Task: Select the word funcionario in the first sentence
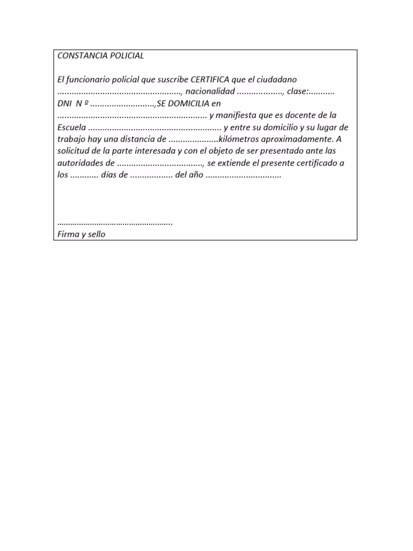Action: point(89,79)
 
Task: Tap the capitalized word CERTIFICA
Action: point(210,79)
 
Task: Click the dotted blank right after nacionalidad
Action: point(260,92)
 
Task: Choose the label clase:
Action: point(299,91)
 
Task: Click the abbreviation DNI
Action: point(64,103)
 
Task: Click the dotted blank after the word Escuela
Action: point(154,128)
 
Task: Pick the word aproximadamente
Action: point(304,139)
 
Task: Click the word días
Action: point(111,175)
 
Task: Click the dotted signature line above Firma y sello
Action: point(115,222)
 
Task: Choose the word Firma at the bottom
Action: point(67,234)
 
